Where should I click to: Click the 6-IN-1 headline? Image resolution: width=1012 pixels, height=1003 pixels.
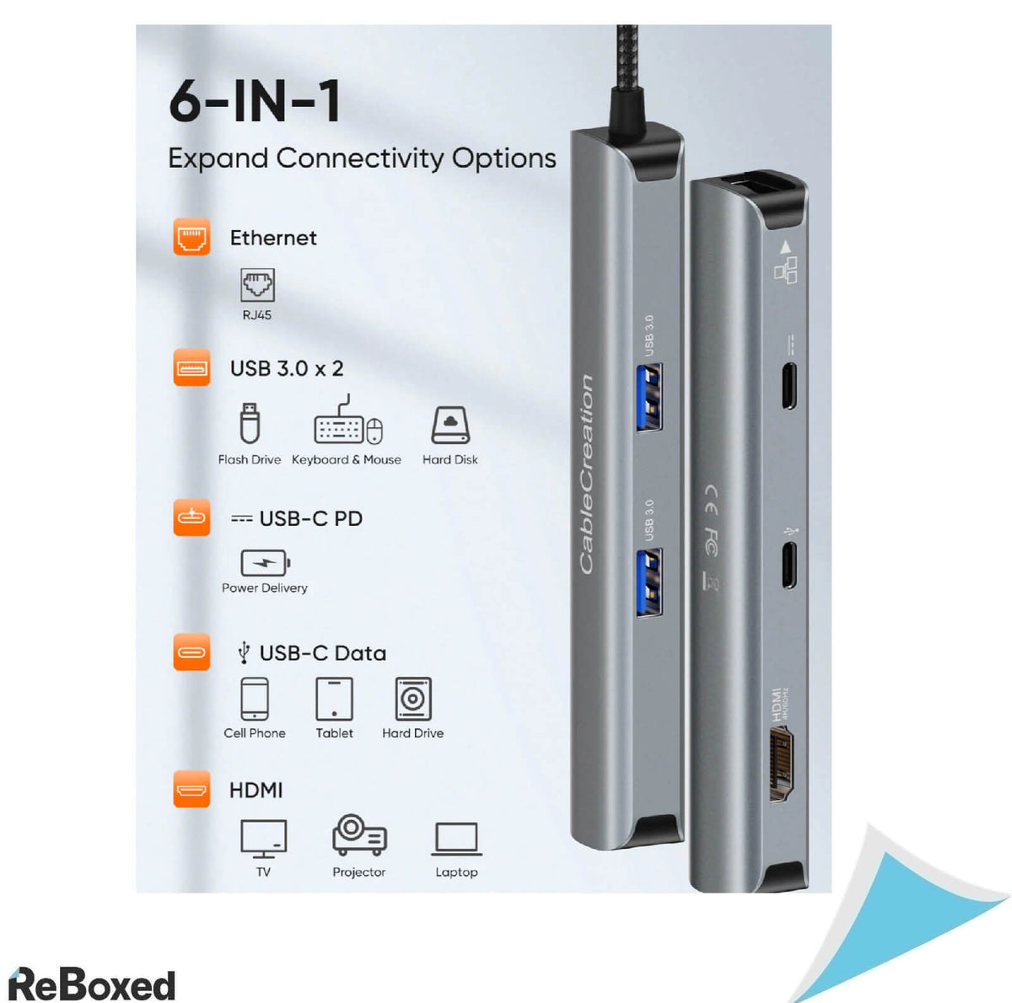[256, 101]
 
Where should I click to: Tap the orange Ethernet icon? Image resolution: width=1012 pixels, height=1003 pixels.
[191, 237]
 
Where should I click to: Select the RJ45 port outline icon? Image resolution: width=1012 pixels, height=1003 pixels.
[257, 285]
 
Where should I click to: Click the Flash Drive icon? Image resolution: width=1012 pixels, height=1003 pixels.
[249, 423]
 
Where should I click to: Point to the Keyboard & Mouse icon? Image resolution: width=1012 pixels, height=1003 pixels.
[347, 424]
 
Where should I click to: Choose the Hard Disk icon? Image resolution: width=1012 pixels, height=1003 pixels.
[449, 425]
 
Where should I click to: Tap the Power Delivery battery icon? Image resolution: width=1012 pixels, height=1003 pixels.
[265, 562]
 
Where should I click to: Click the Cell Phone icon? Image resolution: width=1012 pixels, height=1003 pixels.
[254, 699]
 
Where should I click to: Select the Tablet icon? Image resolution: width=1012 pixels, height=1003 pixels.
[334, 699]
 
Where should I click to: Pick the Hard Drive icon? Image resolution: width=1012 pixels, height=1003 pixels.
[412, 699]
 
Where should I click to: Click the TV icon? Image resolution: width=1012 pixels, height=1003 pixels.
[263, 838]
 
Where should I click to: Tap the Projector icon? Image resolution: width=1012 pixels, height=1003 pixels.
[359, 835]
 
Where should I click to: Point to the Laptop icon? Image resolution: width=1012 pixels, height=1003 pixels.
[456, 839]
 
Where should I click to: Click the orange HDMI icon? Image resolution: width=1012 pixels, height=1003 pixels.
[191, 790]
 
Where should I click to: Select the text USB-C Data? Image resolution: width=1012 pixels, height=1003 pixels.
[322, 653]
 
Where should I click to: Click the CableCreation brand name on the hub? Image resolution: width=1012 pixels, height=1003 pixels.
[586, 475]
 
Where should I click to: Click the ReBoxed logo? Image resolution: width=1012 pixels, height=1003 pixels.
[92, 984]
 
